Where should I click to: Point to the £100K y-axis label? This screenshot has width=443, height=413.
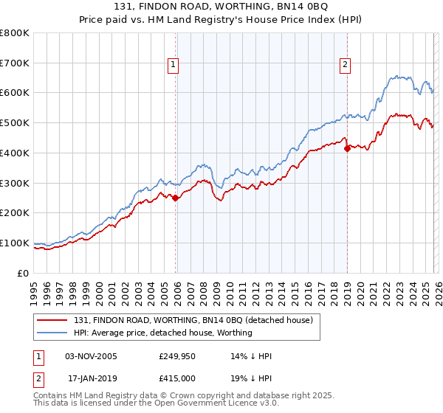coord(15,243)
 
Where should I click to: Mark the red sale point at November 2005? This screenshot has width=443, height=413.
coord(175,198)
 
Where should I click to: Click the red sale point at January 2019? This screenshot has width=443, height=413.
coord(347,148)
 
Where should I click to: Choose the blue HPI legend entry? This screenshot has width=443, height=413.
coord(162,333)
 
